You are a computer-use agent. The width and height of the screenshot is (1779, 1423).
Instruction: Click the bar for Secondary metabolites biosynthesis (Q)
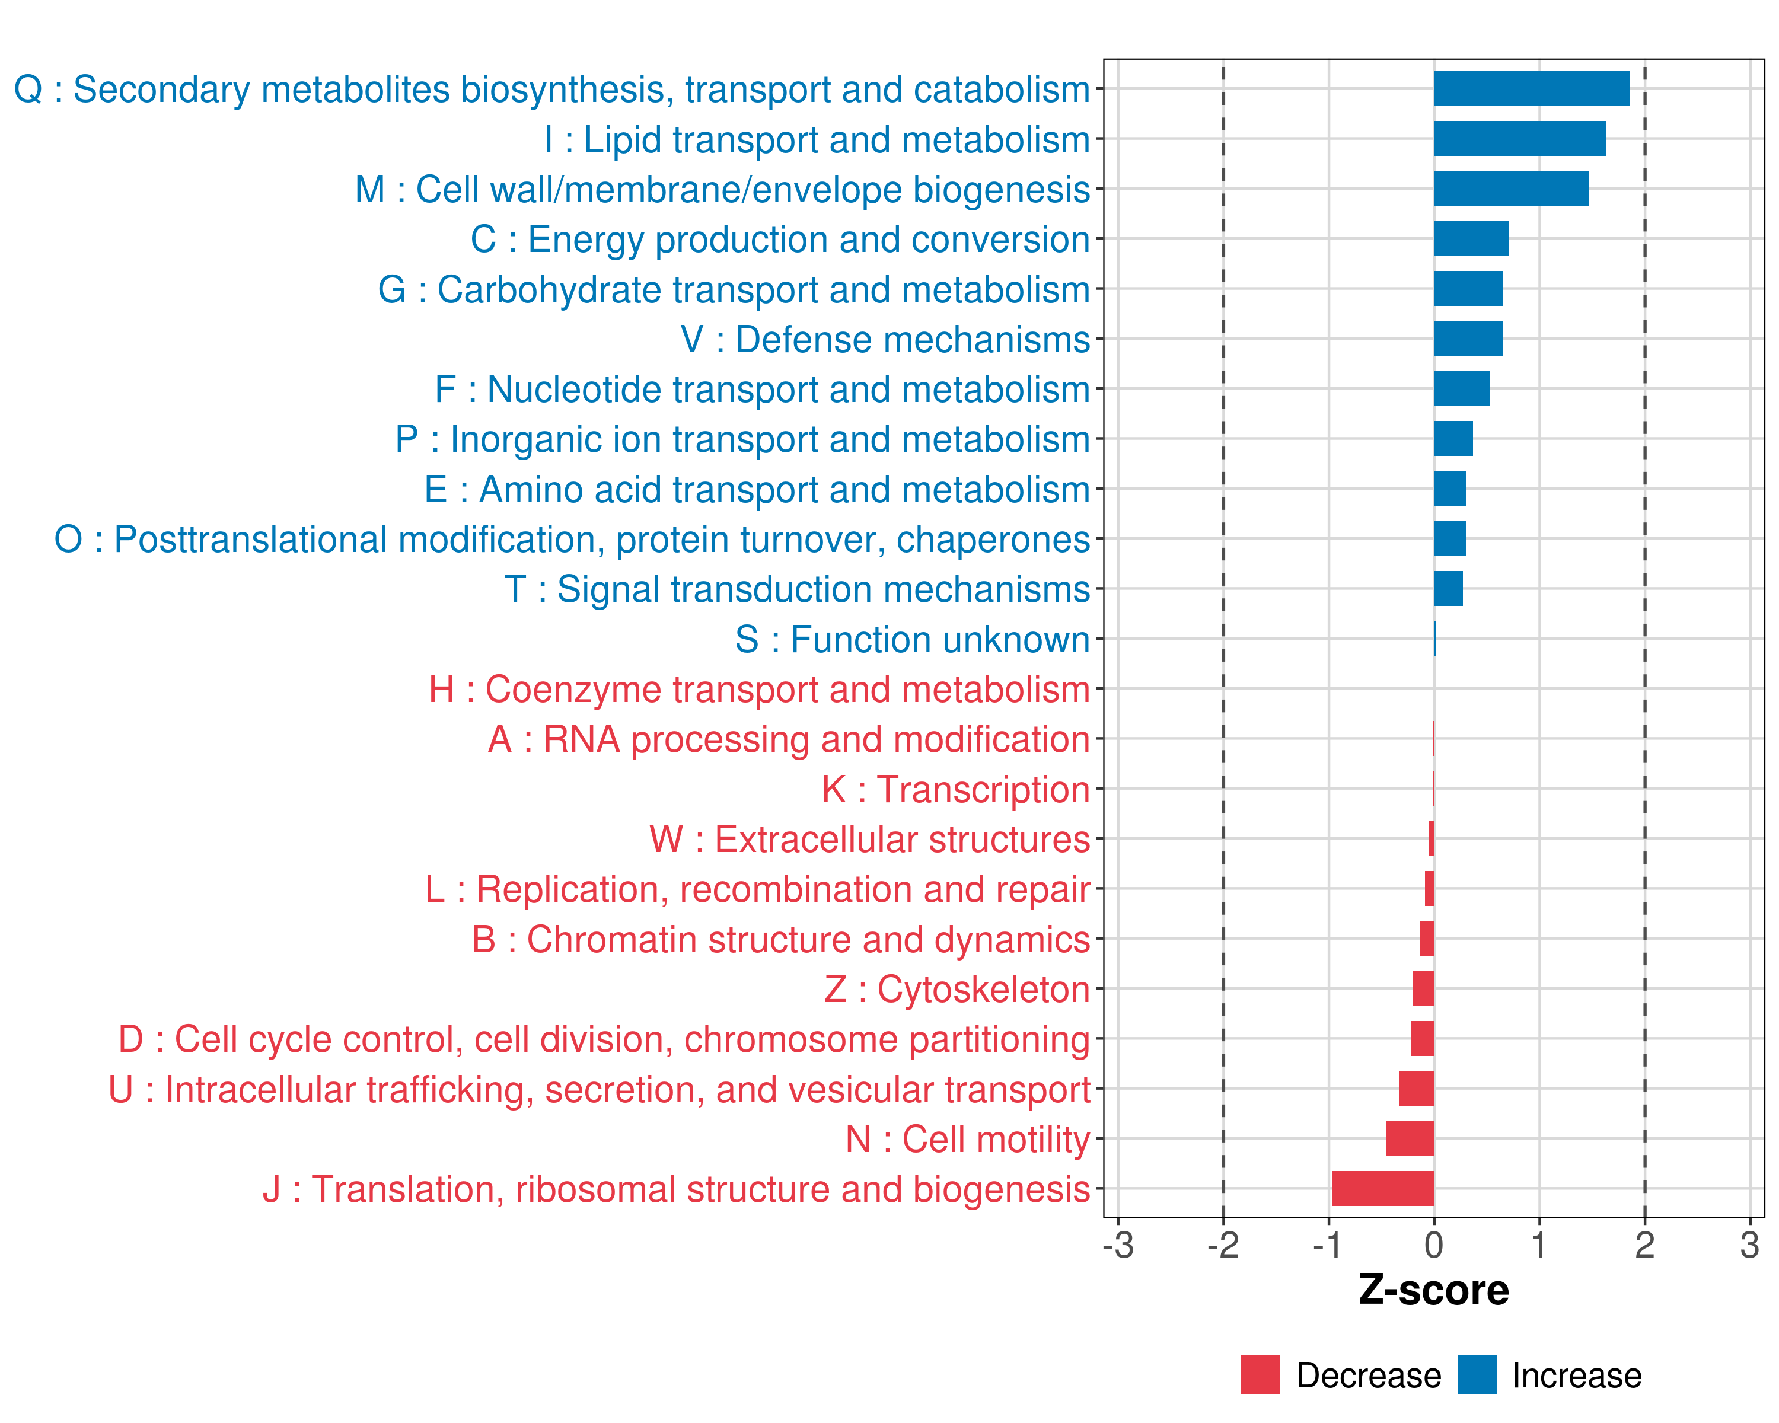(x=1532, y=89)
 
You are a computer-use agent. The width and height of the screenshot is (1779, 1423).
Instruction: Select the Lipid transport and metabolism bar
(x=1519, y=139)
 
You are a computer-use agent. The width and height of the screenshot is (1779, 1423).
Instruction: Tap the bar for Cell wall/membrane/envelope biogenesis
(x=1511, y=189)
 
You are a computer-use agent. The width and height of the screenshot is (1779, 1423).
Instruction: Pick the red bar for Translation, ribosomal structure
(x=1382, y=1189)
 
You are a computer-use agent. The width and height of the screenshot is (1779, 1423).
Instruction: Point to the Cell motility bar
(x=1410, y=1138)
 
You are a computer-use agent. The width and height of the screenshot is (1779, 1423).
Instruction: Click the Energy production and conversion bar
(x=1471, y=239)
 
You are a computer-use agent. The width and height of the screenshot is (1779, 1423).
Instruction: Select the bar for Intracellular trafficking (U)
(x=1416, y=1089)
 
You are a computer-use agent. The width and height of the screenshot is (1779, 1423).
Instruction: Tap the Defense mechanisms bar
(x=1468, y=339)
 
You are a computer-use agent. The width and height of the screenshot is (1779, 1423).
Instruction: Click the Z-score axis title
(x=1434, y=1290)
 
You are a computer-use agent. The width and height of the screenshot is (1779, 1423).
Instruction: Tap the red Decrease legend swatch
(x=1260, y=1374)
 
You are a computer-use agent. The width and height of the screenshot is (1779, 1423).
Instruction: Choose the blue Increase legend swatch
(x=1476, y=1374)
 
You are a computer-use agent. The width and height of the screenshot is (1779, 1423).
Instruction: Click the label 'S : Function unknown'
(x=913, y=639)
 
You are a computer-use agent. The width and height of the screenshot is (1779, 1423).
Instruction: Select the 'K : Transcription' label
(x=955, y=789)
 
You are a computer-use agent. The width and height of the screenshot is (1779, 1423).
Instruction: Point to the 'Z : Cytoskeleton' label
(x=957, y=989)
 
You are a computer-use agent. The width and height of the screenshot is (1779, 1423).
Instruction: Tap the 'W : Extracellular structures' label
(x=870, y=840)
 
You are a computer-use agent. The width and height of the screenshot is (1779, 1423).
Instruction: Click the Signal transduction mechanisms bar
(x=1448, y=589)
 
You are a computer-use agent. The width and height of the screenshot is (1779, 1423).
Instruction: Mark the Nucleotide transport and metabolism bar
(x=1461, y=390)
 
